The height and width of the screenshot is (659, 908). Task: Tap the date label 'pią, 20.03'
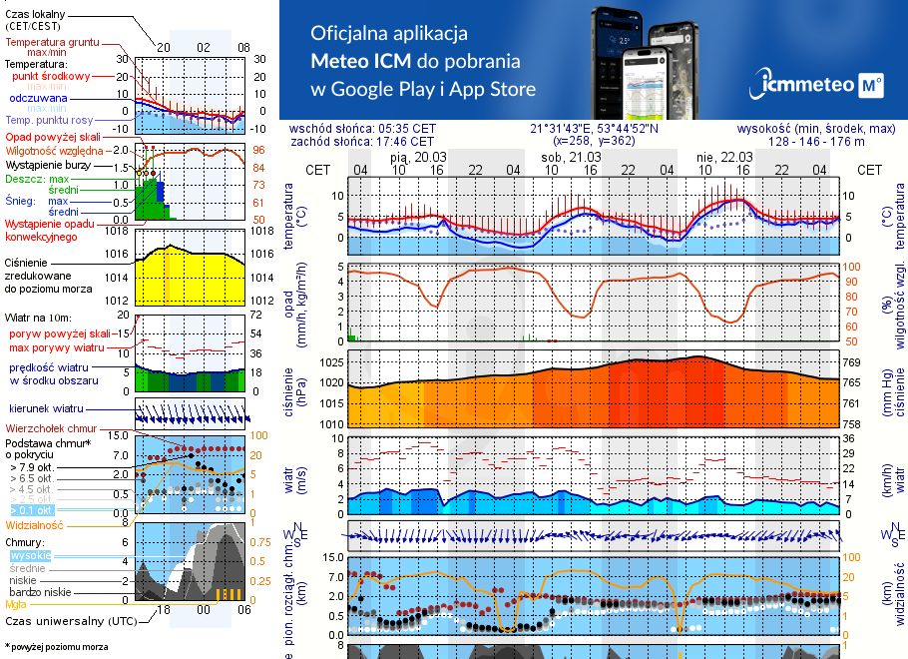point(418,157)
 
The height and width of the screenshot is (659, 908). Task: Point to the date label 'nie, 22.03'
point(723,157)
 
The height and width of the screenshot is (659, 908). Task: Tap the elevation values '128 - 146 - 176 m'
point(817,142)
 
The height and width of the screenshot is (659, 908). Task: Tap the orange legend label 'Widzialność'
point(35,524)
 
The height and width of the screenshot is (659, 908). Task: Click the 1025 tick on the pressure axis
point(329,362)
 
